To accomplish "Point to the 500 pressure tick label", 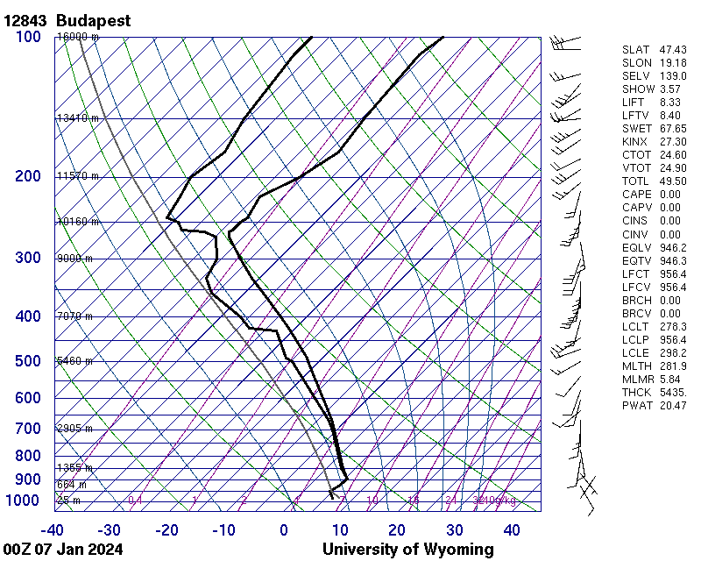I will pyautogui.click(x=27, y=361).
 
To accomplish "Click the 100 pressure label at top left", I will pyautogui.click(x=27, y=37).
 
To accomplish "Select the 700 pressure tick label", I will pyautogui.click(x=27, y=429).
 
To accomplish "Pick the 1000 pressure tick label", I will pyautogui.click(x=23, y=501).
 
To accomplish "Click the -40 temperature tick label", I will pyautogui.click(x=52, y=530).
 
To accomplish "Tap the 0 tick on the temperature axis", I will pyautogui.click(x=284, y=530).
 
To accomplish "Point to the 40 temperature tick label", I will pyautogui.click(x=512, y=530).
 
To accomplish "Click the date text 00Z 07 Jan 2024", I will pyautogui.click(x=63, y=550).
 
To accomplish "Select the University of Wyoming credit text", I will pyautogui.click(x=407, y=550).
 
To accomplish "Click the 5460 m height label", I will pyautogui.click(x=74, y=361).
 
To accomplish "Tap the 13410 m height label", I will pyautogui.click(x=77, y=117).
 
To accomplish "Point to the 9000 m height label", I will pyautogui.click(x=74, y=259).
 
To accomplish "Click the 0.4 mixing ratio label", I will pyautogui.click(x=136, y=501).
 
